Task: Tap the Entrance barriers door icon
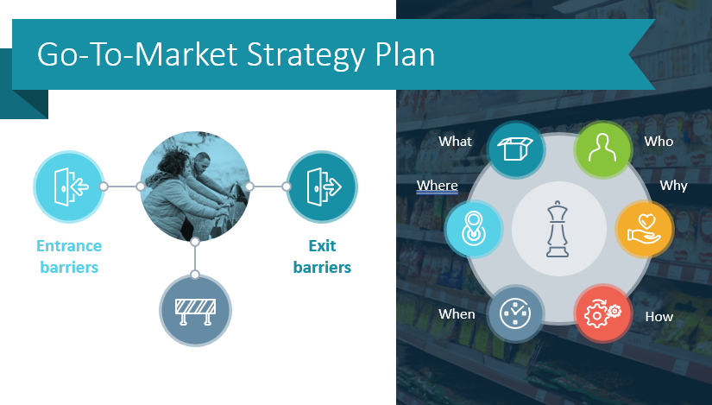(68, 186)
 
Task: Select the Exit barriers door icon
(322, 186)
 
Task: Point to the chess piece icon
(555, 230)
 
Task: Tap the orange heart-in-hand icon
(643, 230)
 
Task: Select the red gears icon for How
(602, 313)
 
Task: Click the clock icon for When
(515, 313)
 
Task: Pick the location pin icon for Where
(473, 230)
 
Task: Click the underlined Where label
(437, 185)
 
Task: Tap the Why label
(673, 185)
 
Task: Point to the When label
(457, 314)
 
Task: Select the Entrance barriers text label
(68, 256)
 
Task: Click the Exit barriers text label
(322, 256)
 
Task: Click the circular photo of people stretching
(195, 186)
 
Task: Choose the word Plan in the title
(404, 55)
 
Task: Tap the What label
(455, 141)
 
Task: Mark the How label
(658, 316)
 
